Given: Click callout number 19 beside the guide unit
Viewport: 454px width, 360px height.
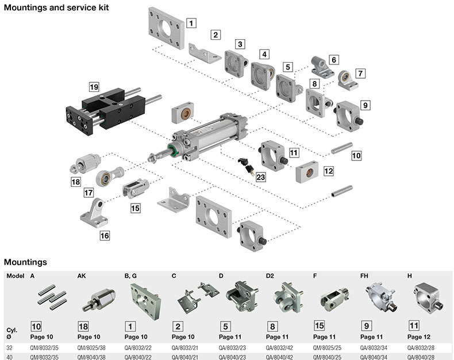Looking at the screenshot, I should [x=94, y=87].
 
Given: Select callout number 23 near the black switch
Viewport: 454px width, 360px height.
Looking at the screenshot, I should [x=261, y=178].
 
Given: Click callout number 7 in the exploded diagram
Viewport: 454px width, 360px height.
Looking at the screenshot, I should [x=360, y=74].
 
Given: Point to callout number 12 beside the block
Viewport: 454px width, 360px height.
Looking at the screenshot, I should [x=328, y=170].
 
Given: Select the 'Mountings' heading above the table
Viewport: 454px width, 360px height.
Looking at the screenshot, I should [x=25, y=262].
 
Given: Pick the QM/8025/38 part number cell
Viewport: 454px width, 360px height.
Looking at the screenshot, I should [x=93, y=347].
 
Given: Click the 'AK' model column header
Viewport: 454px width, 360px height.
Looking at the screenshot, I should [x=81, y=276].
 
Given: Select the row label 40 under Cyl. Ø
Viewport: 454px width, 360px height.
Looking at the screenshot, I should [x=9, y=357].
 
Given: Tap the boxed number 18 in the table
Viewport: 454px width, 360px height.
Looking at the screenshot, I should [x=84, y=326].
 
